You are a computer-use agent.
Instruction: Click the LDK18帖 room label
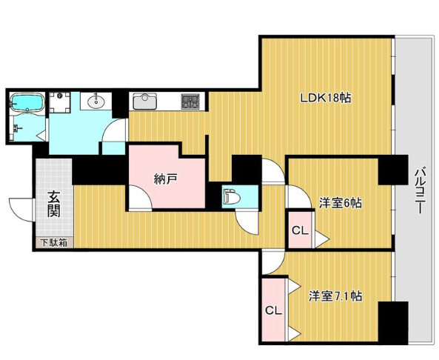tap(325, 98)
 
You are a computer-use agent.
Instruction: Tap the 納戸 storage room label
tap(166, 179)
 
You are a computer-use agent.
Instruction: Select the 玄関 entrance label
tap(54, 204)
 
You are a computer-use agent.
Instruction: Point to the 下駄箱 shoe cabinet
tap(55, 243)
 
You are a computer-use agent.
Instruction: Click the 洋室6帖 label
tap(341, 203)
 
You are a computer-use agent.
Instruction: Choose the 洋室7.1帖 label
tap(335, 296)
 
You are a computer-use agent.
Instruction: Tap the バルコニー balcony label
tap(420, 190)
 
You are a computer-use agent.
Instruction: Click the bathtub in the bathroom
tap(27, 103)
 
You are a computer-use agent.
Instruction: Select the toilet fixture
tap(232, 197)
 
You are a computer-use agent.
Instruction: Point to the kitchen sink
tap(144, 101)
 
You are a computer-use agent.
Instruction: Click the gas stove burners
tap(190, 101)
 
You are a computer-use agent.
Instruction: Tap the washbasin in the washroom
tap(96, 101)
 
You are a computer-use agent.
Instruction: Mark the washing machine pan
tap(60, 101)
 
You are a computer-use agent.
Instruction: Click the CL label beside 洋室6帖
tap(300, 231)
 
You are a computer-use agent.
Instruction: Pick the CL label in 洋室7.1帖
tap(273, 310)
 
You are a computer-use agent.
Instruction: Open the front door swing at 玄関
tap(21, 210)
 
